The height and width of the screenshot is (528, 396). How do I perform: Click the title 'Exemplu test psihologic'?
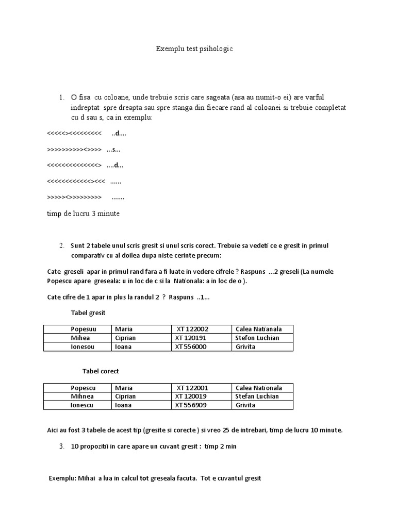coord(194,49)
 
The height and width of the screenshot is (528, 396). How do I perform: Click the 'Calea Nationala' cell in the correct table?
coord(258,388)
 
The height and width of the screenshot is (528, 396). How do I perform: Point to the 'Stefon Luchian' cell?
coord(257,338)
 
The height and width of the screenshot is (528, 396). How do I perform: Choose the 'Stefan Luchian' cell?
coord(257,397)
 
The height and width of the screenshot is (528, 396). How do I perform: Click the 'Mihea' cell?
coord(80,338)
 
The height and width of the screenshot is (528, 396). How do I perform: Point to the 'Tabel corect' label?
coord(101,371)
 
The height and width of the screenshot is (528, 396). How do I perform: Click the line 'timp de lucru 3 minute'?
coord(83,214)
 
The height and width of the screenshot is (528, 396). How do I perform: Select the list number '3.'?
coord(61,447)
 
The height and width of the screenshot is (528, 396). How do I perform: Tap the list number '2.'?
coord(61,245)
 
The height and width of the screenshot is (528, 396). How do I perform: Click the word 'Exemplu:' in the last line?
coord(62,478)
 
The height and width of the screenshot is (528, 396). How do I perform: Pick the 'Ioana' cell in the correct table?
coord(123,405)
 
